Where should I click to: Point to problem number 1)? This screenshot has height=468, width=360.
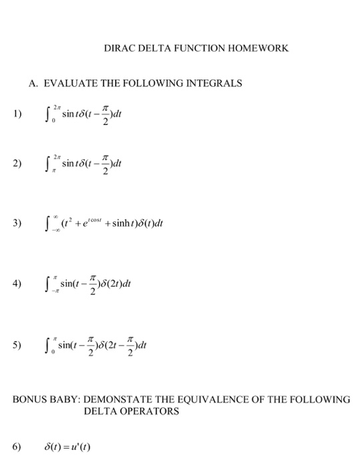pyautogui.click(x=16, y=114)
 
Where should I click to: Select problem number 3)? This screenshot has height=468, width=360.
pyautogui.click(x=16, y=223)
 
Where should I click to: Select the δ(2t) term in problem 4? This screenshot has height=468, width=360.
pyautogui.click(x=116, y=282)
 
